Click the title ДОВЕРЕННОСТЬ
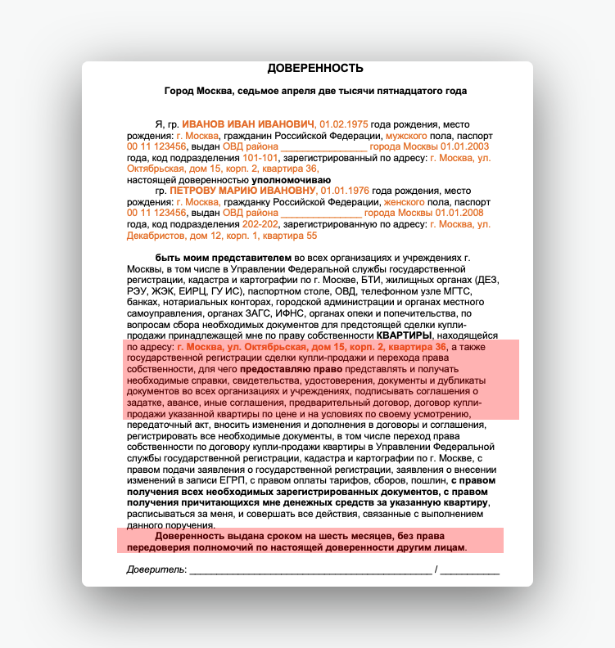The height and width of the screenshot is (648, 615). point(315,68)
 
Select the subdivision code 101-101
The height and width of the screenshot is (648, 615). point(260,157)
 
